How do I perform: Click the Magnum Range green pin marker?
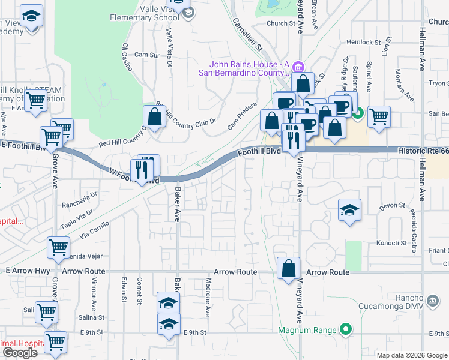click(345, 329)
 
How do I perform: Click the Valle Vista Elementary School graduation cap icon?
click(188, 13)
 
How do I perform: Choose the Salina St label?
click(92, 317)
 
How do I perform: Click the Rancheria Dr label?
click(79, 195)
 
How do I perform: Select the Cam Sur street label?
click(147, 55)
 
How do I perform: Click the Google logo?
click(20, 353)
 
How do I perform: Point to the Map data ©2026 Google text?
click(412, 355)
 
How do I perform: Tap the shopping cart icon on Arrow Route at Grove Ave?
click(58, 246)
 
